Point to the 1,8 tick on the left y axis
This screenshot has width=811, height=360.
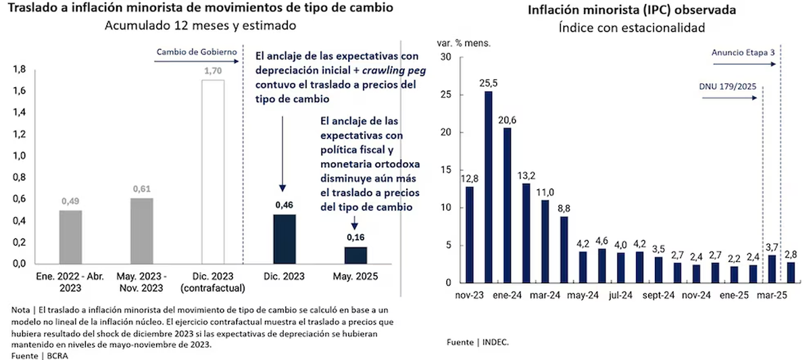(x=20, y=70)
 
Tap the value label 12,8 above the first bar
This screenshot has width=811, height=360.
(x=468, y=178)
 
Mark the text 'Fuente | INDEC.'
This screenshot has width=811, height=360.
(x=477, y=342)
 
